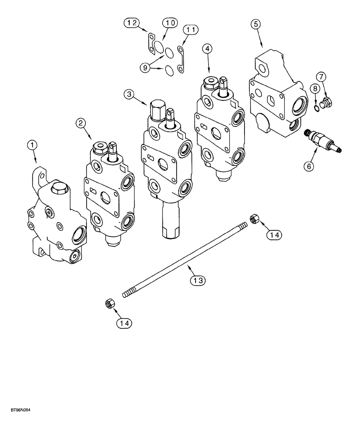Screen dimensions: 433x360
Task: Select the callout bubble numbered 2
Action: coord(80,123)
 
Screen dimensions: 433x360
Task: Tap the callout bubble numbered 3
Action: coord(129,94)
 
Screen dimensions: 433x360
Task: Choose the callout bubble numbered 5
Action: coord(257,24)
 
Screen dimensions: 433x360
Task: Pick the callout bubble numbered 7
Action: coord(320,77)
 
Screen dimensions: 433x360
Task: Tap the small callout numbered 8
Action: coord(315,89)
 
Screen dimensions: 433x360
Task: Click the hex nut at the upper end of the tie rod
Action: coord(254,219)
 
